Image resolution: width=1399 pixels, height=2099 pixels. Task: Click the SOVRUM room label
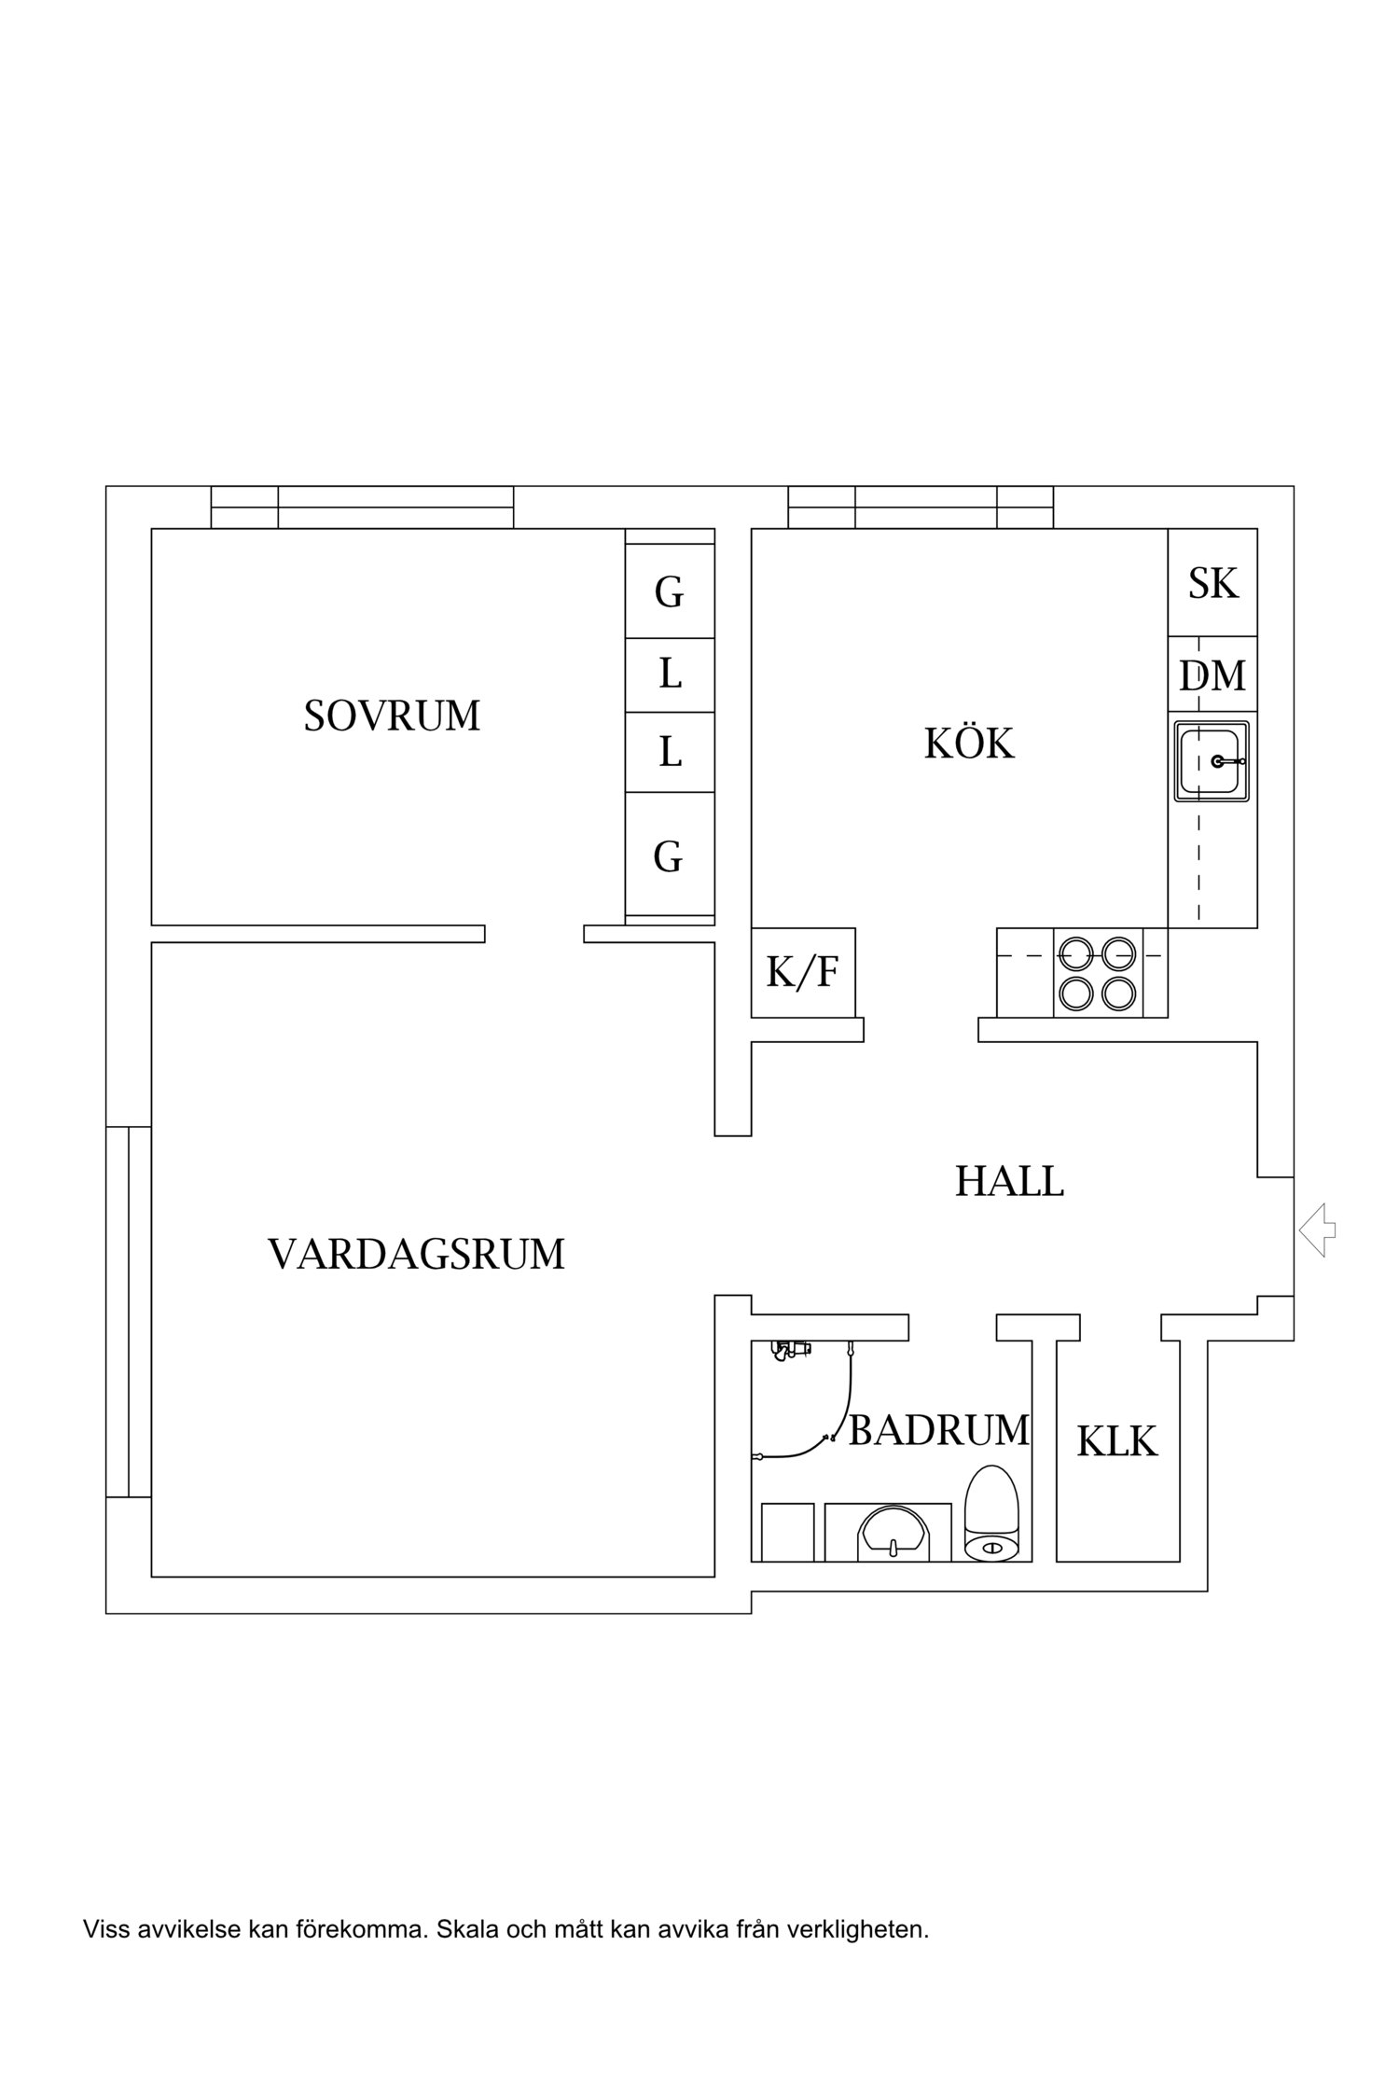point(392,716)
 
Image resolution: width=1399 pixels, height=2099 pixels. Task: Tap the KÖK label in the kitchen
point(969,744)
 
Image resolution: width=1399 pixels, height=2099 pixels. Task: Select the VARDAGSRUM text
point(416,1255)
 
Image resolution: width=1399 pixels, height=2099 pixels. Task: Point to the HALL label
point(1009,1182)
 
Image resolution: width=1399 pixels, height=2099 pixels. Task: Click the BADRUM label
point(938,1430)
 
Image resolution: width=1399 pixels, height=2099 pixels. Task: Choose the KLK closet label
point(1116,1441)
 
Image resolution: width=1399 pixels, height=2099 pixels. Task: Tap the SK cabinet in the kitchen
point(1212,583)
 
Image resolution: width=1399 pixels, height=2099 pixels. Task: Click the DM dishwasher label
point(1212,675)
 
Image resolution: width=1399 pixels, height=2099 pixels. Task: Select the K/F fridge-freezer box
point(803,973)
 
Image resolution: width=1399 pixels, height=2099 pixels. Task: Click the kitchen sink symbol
point(1212,761)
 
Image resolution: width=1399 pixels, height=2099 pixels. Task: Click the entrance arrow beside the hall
point(1317,1230)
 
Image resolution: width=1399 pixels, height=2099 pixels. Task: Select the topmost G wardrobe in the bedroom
point(669,591)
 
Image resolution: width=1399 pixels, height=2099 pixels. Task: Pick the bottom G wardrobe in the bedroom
point(669,855)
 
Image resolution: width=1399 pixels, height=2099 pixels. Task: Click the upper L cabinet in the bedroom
point(669,674)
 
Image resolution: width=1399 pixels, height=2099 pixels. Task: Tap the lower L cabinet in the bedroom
point(669,752)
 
